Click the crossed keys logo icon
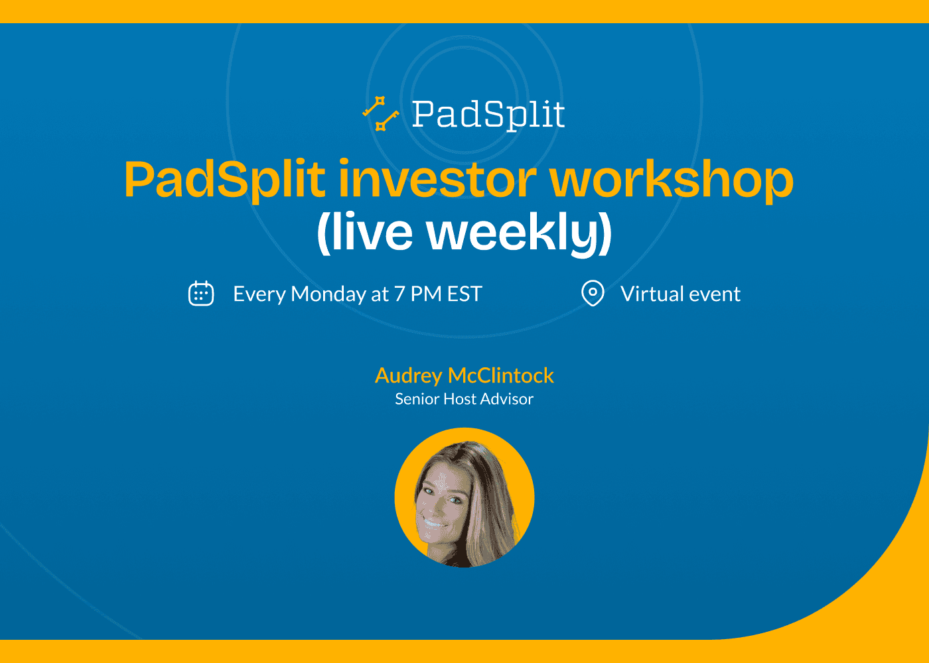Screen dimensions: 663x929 click(x=380, y=114)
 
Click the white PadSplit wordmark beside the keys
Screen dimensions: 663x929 click(x=488, y=115)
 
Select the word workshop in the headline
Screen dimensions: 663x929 click(x=671, y=180)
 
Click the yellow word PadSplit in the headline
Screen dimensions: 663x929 click(x=224, y=180)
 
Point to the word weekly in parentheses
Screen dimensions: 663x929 click(x=519, y=233)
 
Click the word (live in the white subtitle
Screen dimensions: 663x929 click(x=364, y=233)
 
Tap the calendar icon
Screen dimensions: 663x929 click(x=201, y=293)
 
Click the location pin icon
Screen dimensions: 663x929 click(x=593, y=293)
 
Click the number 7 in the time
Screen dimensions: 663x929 click(x=399, y=294)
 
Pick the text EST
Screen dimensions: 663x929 click(x=464, y=294)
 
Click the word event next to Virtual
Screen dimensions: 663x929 click(x=715, y=294)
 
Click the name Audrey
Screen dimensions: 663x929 click(x=408, y=376)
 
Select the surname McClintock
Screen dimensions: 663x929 click(x=501, y=376)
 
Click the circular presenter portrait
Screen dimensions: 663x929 click(x=464, y=497)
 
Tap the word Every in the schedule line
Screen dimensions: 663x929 click(x=259, y=294)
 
